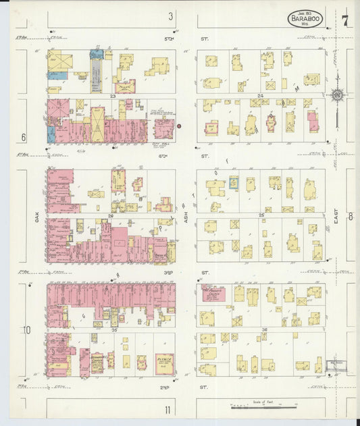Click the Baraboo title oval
coord(305,19)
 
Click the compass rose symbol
coord(336,96)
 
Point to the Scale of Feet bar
coord(265,406)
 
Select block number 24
coord(260,96)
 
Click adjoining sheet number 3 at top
coord(171,16)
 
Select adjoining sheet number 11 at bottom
coord(168,409)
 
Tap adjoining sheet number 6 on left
coord(24,137)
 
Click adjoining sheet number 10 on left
coord(26,330)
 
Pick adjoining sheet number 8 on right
coord(351,217)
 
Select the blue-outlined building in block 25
coord(234,182)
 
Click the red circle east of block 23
coord(180,126)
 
